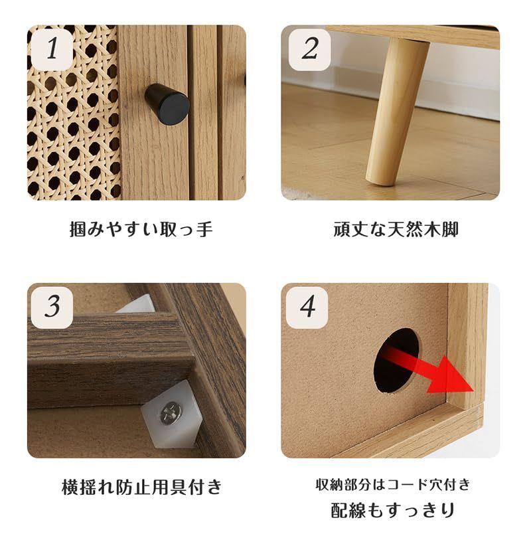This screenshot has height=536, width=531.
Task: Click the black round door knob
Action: tap(167, 104)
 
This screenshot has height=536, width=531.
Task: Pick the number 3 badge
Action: tap(52, 306)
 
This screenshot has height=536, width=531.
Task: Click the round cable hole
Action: tap(396, 359)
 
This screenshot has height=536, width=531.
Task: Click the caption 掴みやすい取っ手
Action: tap(141, 230)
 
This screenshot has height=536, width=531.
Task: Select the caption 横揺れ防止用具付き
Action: tap(141, 487)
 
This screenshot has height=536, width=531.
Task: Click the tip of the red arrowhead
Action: tap(473, 390)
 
